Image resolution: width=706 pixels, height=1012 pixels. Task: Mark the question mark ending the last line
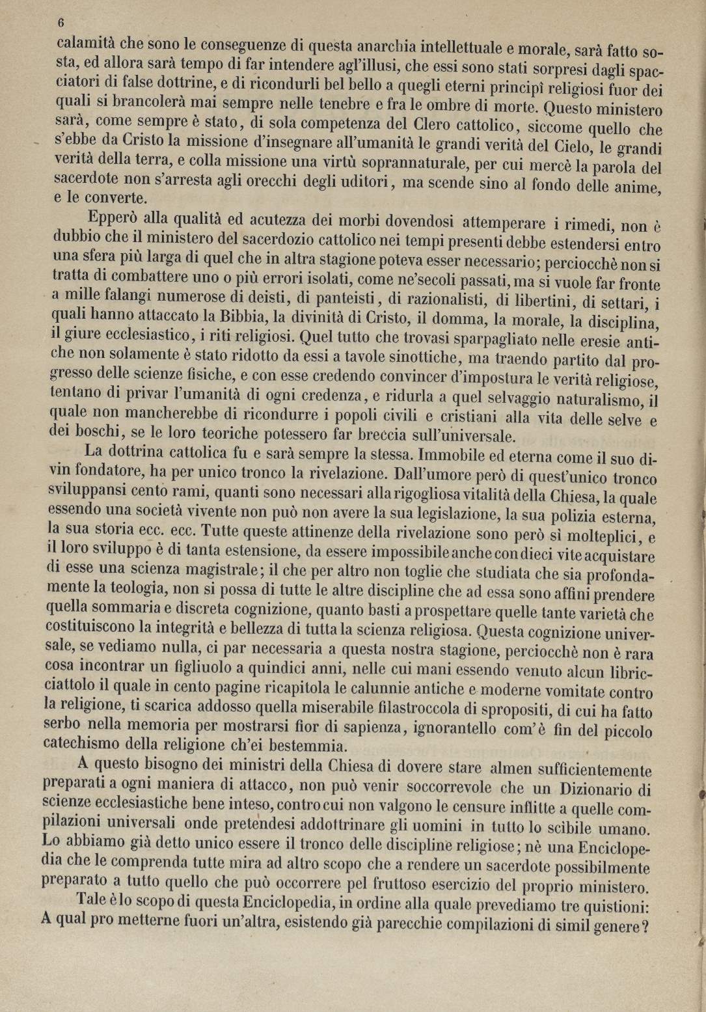(x=645, y=929)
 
